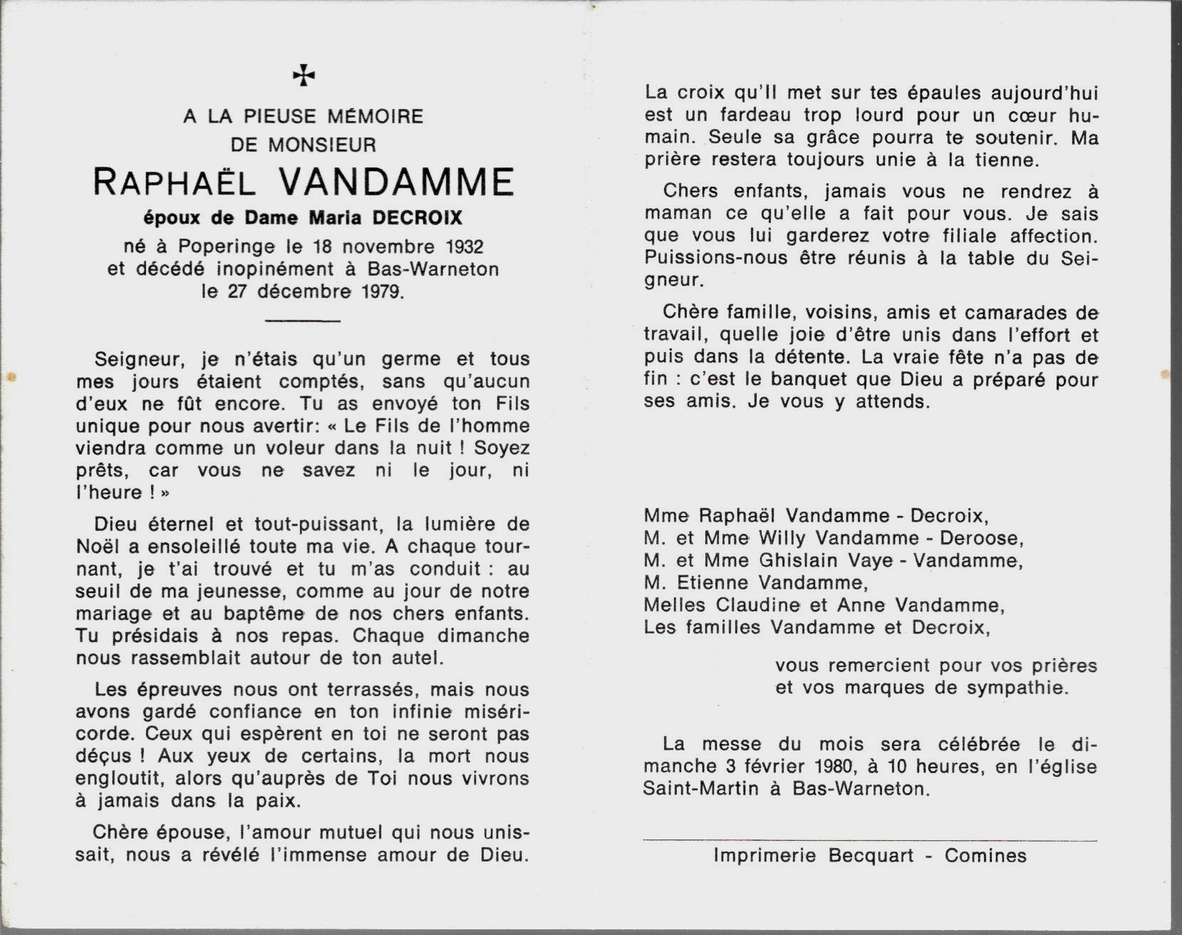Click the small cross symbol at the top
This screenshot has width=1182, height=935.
tap(304, 75)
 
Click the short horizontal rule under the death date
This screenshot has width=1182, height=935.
tap(303, 321)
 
